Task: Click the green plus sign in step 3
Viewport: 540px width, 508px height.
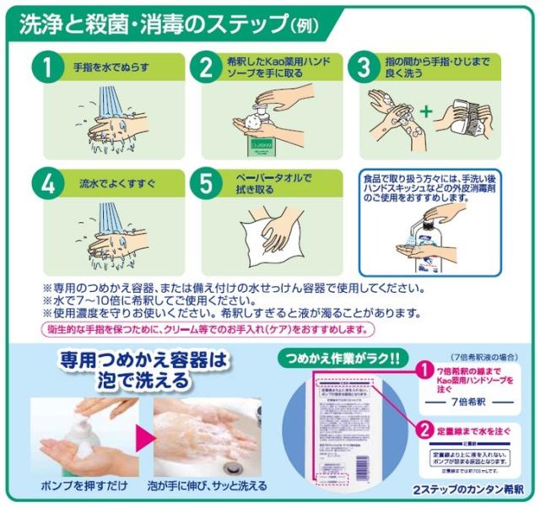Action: coord(427,111)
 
